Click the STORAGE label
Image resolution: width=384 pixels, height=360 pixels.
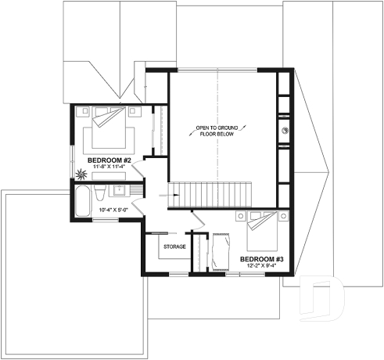174,247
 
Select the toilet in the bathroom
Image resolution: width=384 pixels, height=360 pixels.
99,193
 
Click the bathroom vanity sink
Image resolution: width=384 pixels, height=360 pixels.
120,190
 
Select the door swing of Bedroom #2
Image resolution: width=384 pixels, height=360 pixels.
141,167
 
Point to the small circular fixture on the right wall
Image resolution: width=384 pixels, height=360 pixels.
285,131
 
